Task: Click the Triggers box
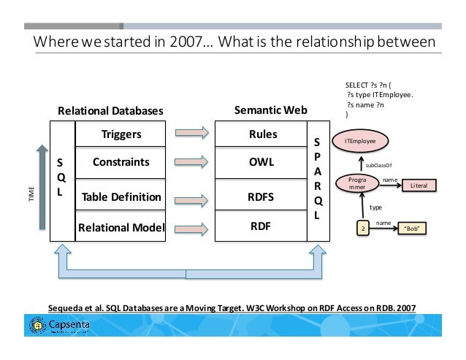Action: point(121,134)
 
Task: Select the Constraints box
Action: point(121,162)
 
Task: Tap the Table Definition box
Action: point(121,196)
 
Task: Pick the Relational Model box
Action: point(121,226)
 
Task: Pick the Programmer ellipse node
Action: point(357,184)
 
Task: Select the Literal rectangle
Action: point(419,186)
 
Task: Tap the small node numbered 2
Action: point(363,229)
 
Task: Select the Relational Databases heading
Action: point(110,111)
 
